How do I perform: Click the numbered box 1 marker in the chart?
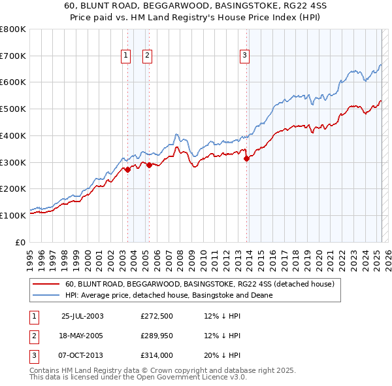[x=125, y=56]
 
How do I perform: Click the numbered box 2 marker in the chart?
[x=148, y=56]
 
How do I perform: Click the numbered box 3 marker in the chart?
[x=244, y=56]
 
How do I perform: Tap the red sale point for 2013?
[x=246, y=158]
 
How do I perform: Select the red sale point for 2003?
[x=128, y=169]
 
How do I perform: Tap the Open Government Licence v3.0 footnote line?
[x=138, y=377]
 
